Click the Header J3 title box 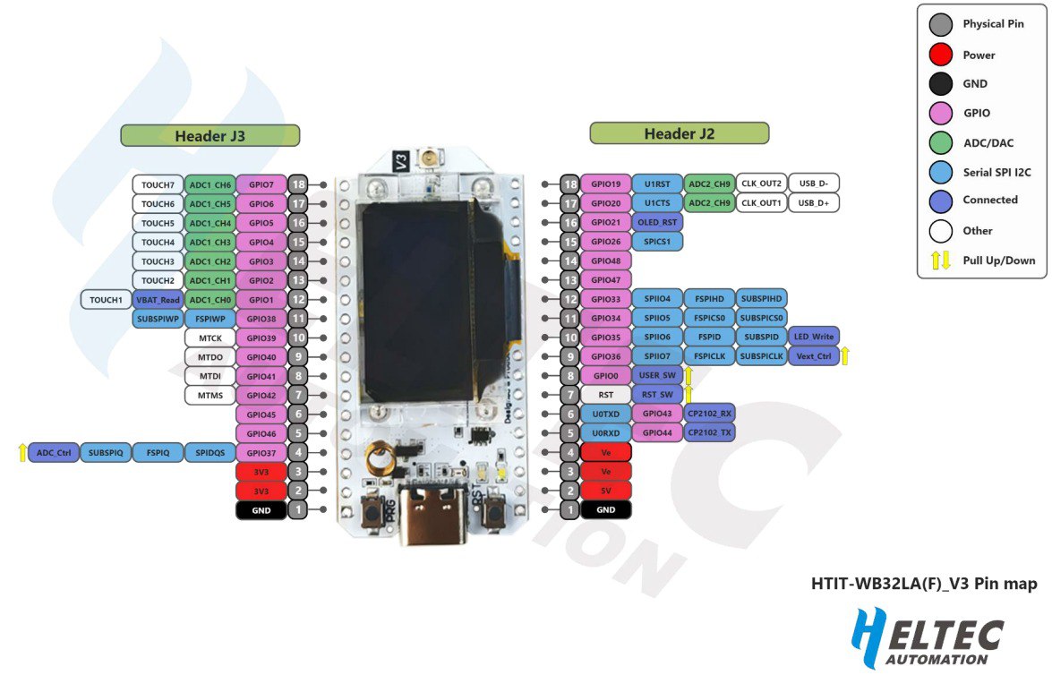click(x=210, y=136)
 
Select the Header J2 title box click(x=679, y=133)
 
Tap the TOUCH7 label click(x=158, y=184)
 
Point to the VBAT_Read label click(x=158, y=299)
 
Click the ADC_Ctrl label click(x=55, y=453)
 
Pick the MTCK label click(x=210, y=337)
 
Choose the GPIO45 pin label click(x=261, y=414)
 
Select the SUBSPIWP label click(x=158, y=318)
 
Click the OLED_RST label click(x=657, y=222)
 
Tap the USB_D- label click(x=814, y=184)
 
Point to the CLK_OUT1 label click(x=761, y=203)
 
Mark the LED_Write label click(x=814, y=337)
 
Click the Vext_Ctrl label click(x=814, y=356)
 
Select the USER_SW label click(x=657, y=375)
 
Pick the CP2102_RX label click(x=710, y=414)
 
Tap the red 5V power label click(x=606, y=490)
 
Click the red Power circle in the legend click(x=940, y=55)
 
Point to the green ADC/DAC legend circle click(x=940, y=142)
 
